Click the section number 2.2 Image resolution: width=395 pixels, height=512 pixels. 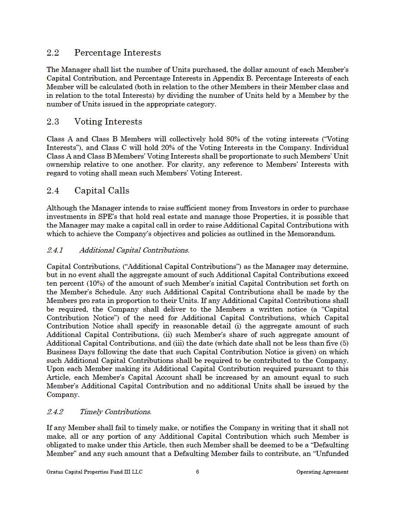52,53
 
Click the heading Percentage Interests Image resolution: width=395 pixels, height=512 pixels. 117,53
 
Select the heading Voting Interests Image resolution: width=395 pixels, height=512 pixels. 108,122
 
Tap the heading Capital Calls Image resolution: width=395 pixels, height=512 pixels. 102,190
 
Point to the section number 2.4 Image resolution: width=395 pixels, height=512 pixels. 52,190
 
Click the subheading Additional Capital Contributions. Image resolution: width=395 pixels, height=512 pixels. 134,250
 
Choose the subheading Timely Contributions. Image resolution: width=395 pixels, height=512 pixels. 115,412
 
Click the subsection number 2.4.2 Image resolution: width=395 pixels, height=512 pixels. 55,412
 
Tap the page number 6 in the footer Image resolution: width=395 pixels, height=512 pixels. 197,471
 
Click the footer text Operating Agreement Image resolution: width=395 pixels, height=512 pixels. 322,472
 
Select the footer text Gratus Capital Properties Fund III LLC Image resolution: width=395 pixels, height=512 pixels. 94,472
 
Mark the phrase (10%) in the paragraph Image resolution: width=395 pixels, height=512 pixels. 89,283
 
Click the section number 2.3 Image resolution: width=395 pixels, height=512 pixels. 52,122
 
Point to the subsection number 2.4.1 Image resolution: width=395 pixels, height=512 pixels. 55,250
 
